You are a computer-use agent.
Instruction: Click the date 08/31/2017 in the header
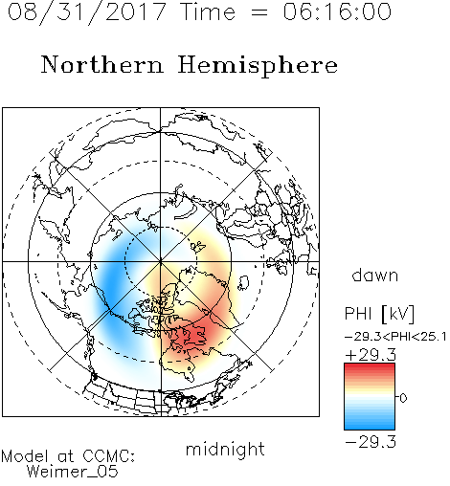(87, 12)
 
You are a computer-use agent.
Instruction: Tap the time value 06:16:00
(337, 11)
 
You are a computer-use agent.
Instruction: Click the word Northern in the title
(102, 64)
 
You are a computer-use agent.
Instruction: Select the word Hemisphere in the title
(258, 66)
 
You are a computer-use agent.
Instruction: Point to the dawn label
(375, 275)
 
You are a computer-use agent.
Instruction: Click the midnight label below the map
(225, 450)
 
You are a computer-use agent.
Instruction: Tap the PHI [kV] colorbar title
(379, 314)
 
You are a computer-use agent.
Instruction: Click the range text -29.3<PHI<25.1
(395, 337)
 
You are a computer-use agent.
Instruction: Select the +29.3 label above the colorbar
(371, 355)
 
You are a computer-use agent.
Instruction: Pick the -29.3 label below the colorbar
(371, 442)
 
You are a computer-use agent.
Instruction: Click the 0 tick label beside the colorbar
(403, 398)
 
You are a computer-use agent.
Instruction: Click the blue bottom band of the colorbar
(370, 426)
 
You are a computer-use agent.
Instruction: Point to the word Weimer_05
(72, 472)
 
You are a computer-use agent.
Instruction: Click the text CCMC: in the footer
(109, 456)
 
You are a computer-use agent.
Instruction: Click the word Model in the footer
(26, 456)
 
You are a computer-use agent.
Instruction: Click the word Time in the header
(208, 11)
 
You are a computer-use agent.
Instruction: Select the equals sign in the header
(259, 12)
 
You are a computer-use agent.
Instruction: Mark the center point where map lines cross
(161, 262)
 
